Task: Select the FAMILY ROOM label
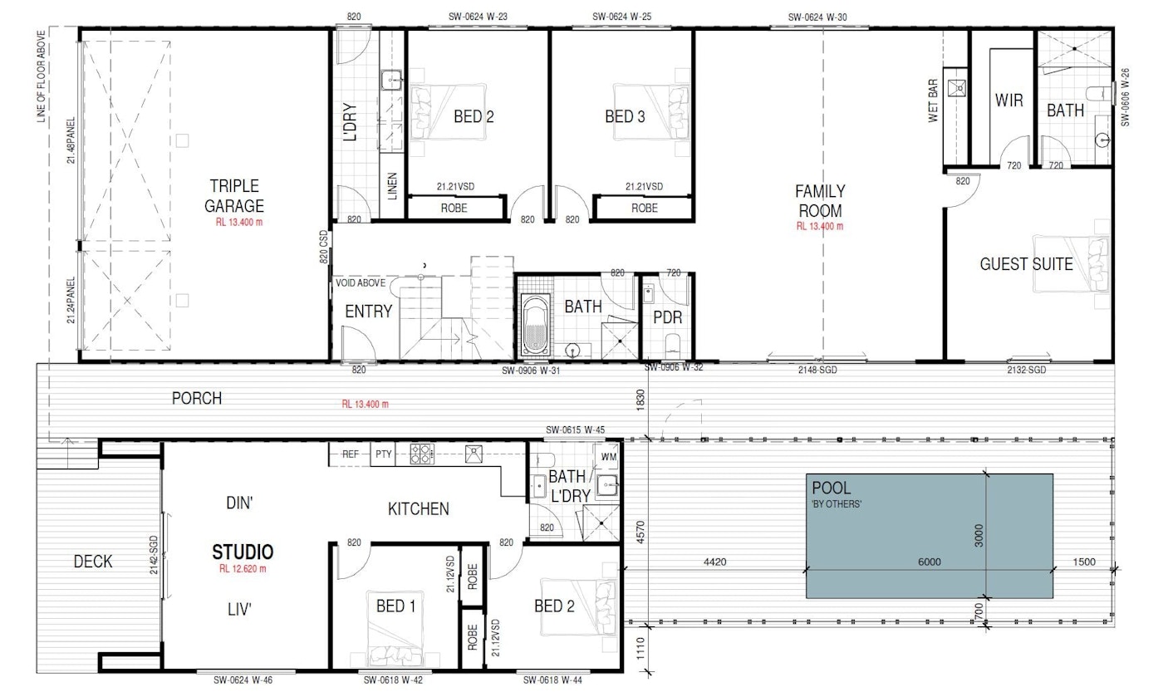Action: coord(819,200)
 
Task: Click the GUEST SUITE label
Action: coord(1026,264)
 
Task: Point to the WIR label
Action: coord(1008,101)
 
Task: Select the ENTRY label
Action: coord(368,311)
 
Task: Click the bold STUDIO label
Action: coord(243,551)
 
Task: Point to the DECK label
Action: coord(93,562)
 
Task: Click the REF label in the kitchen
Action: coord(350,454)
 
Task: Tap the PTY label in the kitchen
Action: coord(383,454)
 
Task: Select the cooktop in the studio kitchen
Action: coord(422,454)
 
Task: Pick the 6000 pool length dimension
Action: coord(929,562)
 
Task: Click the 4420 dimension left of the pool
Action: coord(714,562)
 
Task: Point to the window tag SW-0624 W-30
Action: coord(817,16)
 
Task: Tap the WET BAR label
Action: coord(932,99)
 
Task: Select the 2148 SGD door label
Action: coord(817,371)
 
